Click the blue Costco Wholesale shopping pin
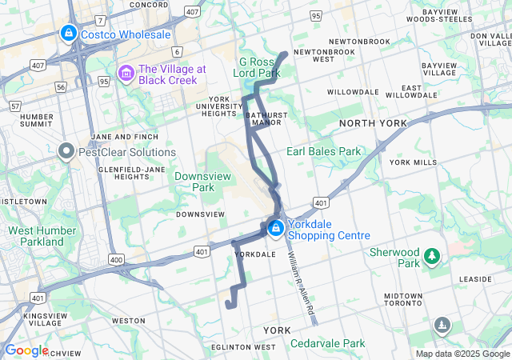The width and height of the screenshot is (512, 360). coord(68,34)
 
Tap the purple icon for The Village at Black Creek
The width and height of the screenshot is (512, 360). coord(126,74)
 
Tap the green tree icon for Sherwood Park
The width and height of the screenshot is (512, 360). coord(432,256)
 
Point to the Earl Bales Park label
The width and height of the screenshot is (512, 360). coord(324,150)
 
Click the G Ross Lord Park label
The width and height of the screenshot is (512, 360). coord(260,67)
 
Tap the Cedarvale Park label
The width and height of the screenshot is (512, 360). coord(328,343)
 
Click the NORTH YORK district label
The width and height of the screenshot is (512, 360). coord(373,123)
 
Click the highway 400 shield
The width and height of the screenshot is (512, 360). coord(117,259)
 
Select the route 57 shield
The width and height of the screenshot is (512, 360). coord(14,105)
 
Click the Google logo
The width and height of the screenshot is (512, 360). coord(26,350)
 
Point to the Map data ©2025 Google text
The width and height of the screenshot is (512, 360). coord(462,354)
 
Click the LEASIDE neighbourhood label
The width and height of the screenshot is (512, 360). coord(474,279)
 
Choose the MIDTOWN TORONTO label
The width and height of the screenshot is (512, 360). coord(403,300)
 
